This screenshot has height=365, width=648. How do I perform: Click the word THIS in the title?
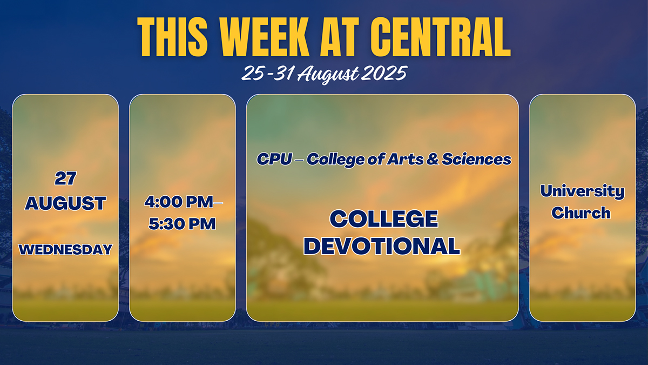coord(172,37)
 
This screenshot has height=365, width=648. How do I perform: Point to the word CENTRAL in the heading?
coord(441,37)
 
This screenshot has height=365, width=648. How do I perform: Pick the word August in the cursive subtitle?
coord(328,75)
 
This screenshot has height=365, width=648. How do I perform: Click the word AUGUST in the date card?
coord(65,203)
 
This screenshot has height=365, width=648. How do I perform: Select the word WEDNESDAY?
coord(65,250)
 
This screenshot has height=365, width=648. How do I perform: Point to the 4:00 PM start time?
coord(179,202)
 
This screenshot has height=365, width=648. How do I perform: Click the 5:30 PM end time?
coord(183,224)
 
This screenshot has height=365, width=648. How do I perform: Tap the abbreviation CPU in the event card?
coord(274,159)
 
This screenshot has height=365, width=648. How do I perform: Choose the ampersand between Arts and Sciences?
coord(433,159)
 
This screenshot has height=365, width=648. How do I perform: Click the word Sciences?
coord(476,159)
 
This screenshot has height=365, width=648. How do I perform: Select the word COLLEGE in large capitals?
coord(383,218)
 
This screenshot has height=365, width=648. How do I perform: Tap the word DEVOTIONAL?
coord(382,246)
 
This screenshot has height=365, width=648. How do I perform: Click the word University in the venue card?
coord(582,191)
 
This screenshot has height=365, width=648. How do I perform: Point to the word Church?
coord(581,213)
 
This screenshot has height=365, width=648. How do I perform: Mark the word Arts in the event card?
coord(406,159)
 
